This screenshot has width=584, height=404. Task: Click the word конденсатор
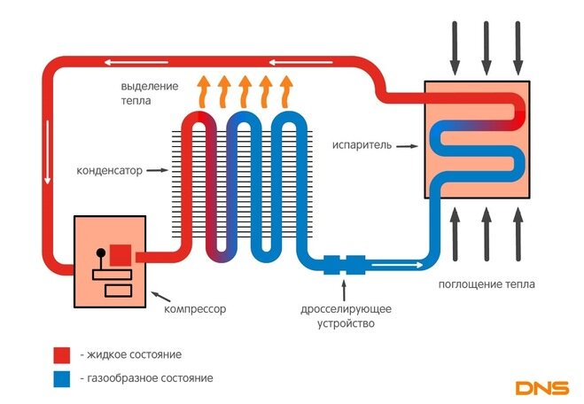110,170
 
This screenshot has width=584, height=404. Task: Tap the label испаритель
362,144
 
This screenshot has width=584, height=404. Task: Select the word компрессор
195,309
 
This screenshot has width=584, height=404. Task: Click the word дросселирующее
346,309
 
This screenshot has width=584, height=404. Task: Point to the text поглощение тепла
487,284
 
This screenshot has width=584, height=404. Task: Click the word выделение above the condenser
150,87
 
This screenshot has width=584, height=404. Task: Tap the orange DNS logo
542,388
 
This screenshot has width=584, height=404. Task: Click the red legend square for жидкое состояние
62,355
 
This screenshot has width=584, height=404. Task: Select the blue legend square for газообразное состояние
62,379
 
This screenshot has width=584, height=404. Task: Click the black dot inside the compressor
100,252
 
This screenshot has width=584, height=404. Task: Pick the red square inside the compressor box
121,255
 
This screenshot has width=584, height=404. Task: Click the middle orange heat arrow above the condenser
245,91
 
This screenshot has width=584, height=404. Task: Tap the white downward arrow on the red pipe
47,151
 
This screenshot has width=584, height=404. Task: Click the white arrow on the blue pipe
397,265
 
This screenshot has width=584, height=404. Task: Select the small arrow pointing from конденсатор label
157,170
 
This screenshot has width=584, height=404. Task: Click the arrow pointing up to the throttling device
344,290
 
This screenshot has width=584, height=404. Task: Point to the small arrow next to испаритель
407,146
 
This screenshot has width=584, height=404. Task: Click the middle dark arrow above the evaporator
486,48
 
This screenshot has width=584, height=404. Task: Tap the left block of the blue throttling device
331,265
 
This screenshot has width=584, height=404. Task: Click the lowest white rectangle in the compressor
118,291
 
